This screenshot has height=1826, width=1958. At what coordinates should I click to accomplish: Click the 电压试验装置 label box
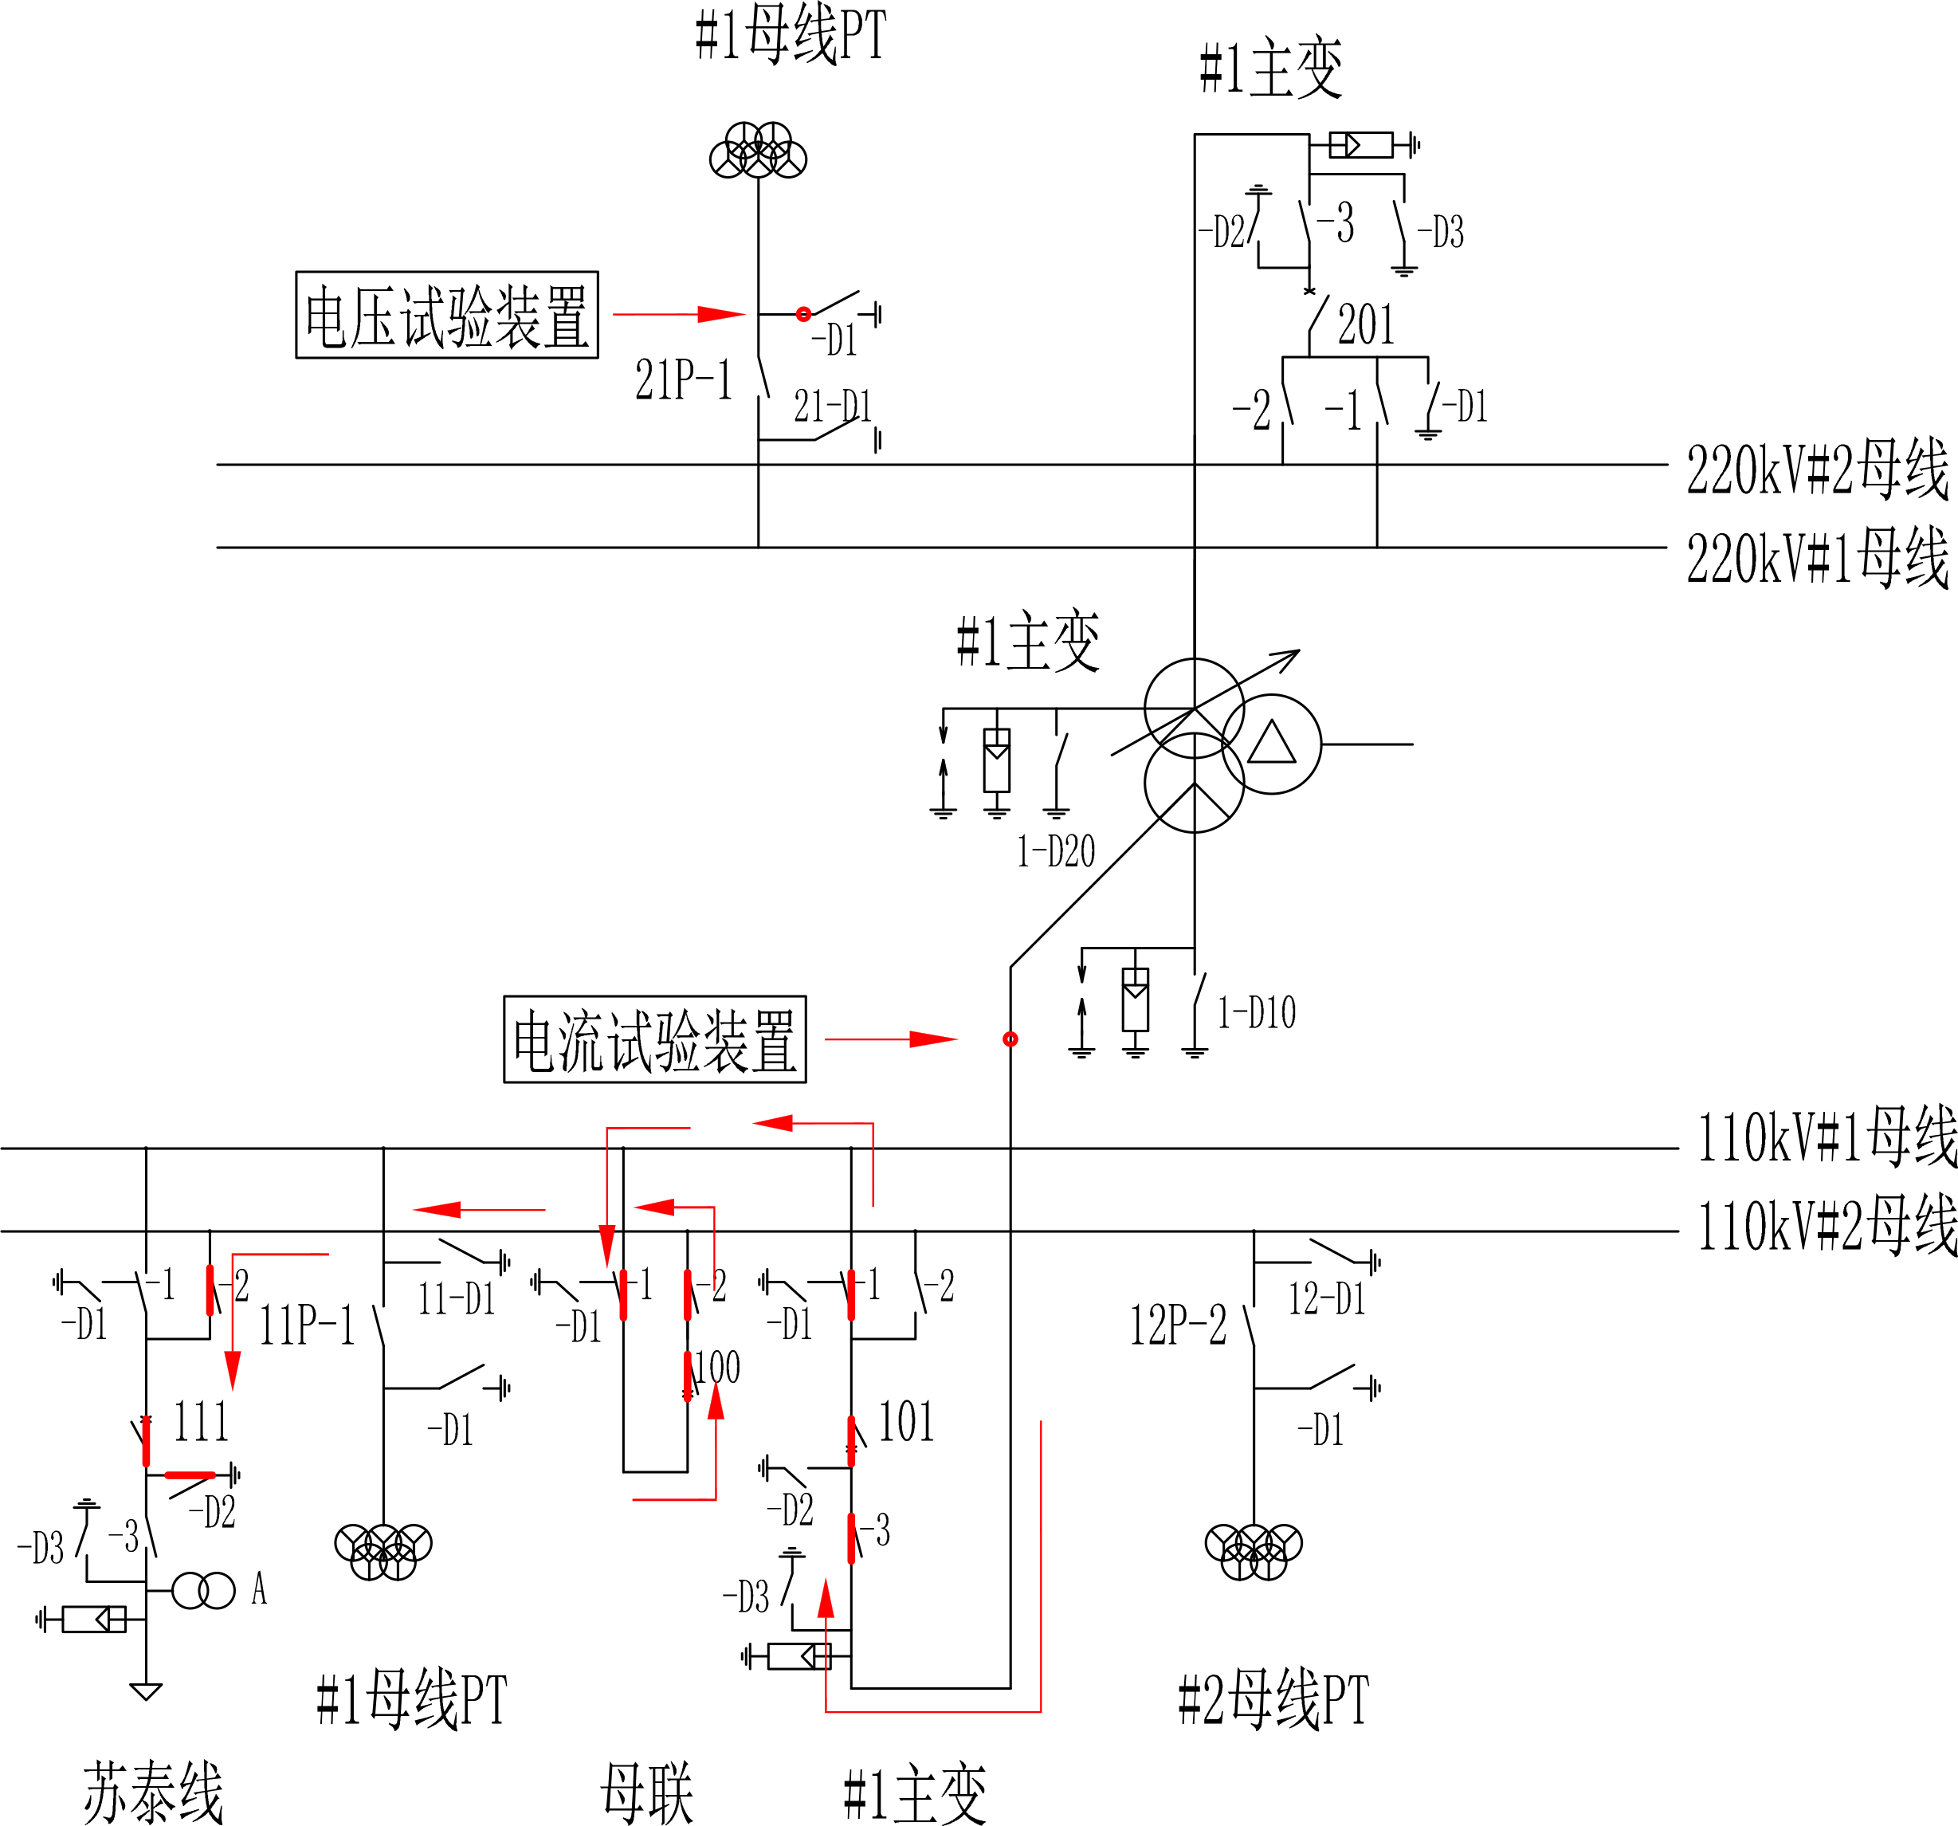[x=446, y=314]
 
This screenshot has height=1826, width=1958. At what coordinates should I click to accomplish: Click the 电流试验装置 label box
[x=654, y=1039]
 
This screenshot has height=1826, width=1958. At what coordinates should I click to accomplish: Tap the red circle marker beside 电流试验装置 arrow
[x=1010, y=1039]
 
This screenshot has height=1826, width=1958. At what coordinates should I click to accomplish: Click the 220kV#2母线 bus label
[x=1816, y=469]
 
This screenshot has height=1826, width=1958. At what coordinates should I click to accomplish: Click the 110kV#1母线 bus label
[x=1826, y=1137]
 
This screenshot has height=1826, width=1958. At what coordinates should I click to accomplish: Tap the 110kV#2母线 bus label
[x=1826, y=1225]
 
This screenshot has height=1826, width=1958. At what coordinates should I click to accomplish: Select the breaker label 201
[x=1365, y=324]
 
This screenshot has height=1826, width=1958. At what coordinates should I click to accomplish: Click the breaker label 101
[x=905, y=1421]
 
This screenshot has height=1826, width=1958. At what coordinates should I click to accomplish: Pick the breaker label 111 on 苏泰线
[x=201, y=1421]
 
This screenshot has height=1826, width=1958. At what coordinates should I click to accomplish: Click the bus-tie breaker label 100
[x=717, y=1367]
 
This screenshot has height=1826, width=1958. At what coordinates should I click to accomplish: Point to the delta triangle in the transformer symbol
[x=1270, y=744]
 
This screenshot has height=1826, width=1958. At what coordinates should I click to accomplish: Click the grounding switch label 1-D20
[x=1055, y=852]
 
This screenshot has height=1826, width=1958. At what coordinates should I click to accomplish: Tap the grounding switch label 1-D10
[x=1256, y=1012]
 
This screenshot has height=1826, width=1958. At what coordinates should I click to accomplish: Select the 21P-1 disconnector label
[x=684, y=379]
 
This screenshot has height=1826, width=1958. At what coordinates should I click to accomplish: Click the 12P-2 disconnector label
[x=1177, y=1325]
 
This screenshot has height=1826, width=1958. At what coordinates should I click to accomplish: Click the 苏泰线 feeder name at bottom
[x=153, y=1793]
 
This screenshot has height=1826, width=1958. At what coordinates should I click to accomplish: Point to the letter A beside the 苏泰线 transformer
[x=259, y=1588]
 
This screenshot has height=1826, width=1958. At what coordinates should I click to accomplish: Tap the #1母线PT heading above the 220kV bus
[x=790, y=35]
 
